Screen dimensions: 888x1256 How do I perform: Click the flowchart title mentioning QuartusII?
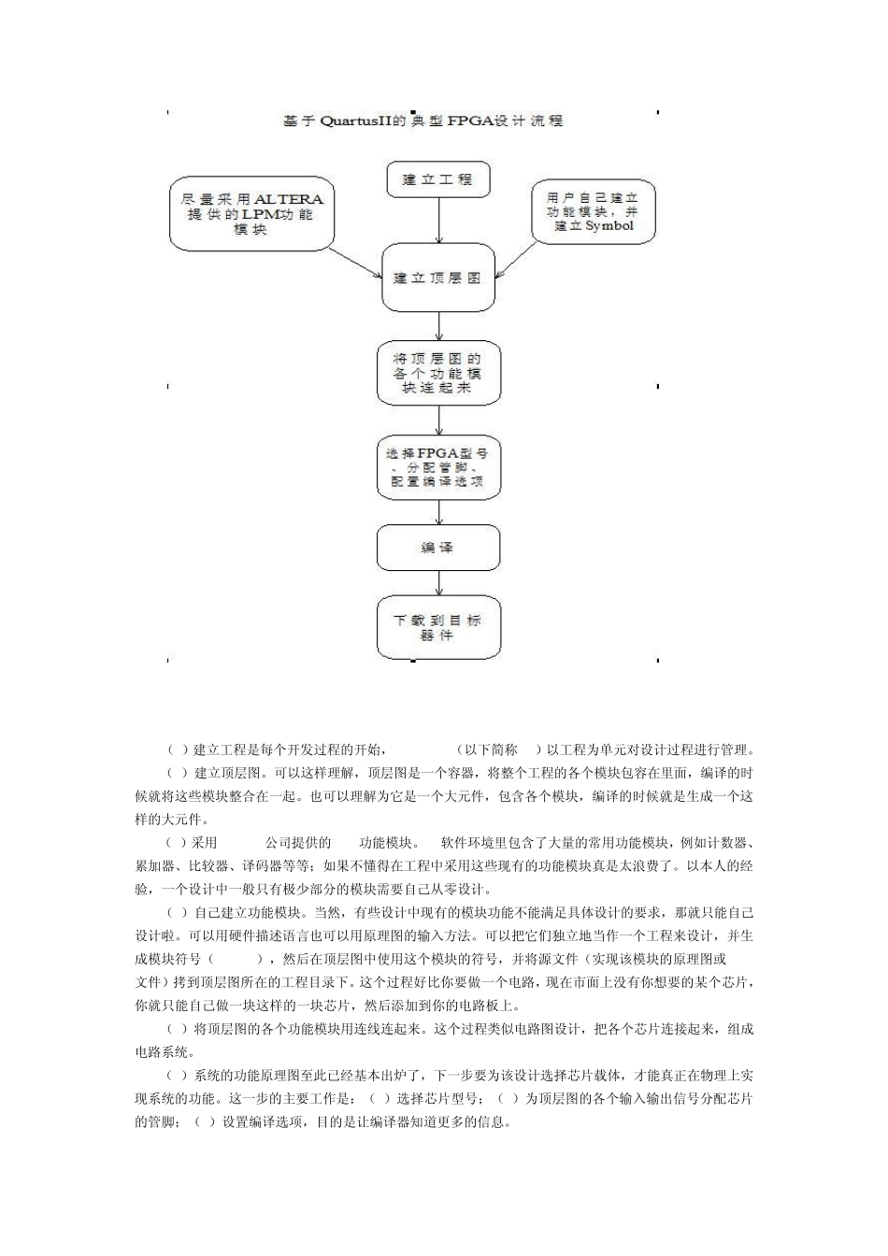pos(423,121)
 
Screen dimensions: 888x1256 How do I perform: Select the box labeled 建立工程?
pos(437,179)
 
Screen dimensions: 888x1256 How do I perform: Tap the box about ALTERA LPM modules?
pos(251,215)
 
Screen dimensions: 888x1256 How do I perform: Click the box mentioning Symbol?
pos(593,212)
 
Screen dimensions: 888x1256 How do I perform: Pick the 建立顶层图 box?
pos(437,278)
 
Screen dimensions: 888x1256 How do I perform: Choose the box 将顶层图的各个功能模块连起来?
pos(437,373)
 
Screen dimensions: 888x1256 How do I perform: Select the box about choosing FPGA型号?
pos(437,467)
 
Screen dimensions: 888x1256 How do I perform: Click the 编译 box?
pos(437,548)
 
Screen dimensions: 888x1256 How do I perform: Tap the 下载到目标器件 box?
pos(437,627)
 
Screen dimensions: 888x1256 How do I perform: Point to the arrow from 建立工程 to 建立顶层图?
pos(438,221)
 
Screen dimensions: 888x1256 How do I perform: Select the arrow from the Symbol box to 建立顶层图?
pos(516,259)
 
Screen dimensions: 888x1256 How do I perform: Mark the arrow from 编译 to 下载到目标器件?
pos(438,582)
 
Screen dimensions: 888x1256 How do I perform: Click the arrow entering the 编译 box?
pos(438,512)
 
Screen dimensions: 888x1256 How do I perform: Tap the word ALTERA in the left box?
pos(288,199)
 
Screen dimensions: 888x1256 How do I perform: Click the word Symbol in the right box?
pos(609,226)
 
